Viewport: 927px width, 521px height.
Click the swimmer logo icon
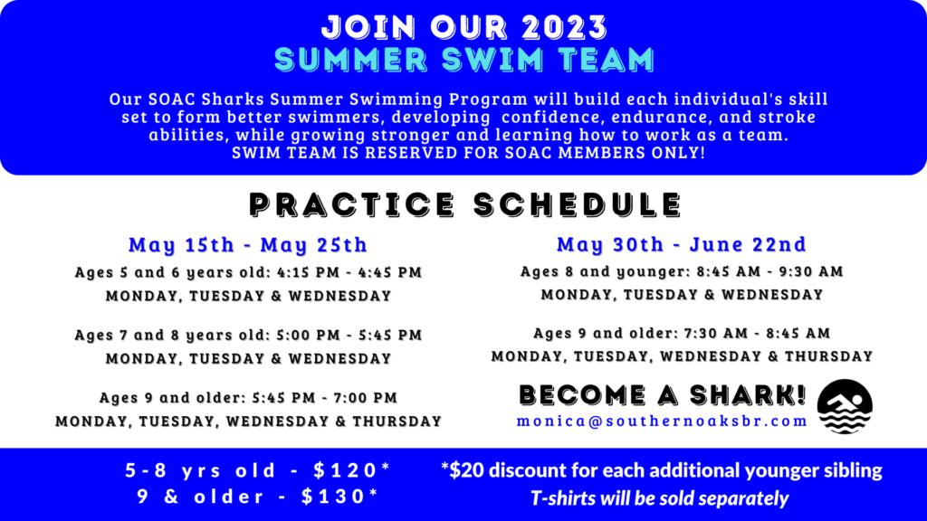tap(845, 406)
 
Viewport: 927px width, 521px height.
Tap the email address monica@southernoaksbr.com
tap(662, 422)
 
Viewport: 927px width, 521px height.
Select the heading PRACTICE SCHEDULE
tap(466, 204)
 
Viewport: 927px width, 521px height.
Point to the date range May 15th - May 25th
tap(248, 244)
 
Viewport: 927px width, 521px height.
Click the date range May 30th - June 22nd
tap(682, 243)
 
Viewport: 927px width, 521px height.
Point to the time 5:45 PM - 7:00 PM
tap(325, 397)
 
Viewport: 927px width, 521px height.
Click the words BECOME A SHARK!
tap(663, 395)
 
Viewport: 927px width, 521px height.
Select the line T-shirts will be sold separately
tap(659, 498)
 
